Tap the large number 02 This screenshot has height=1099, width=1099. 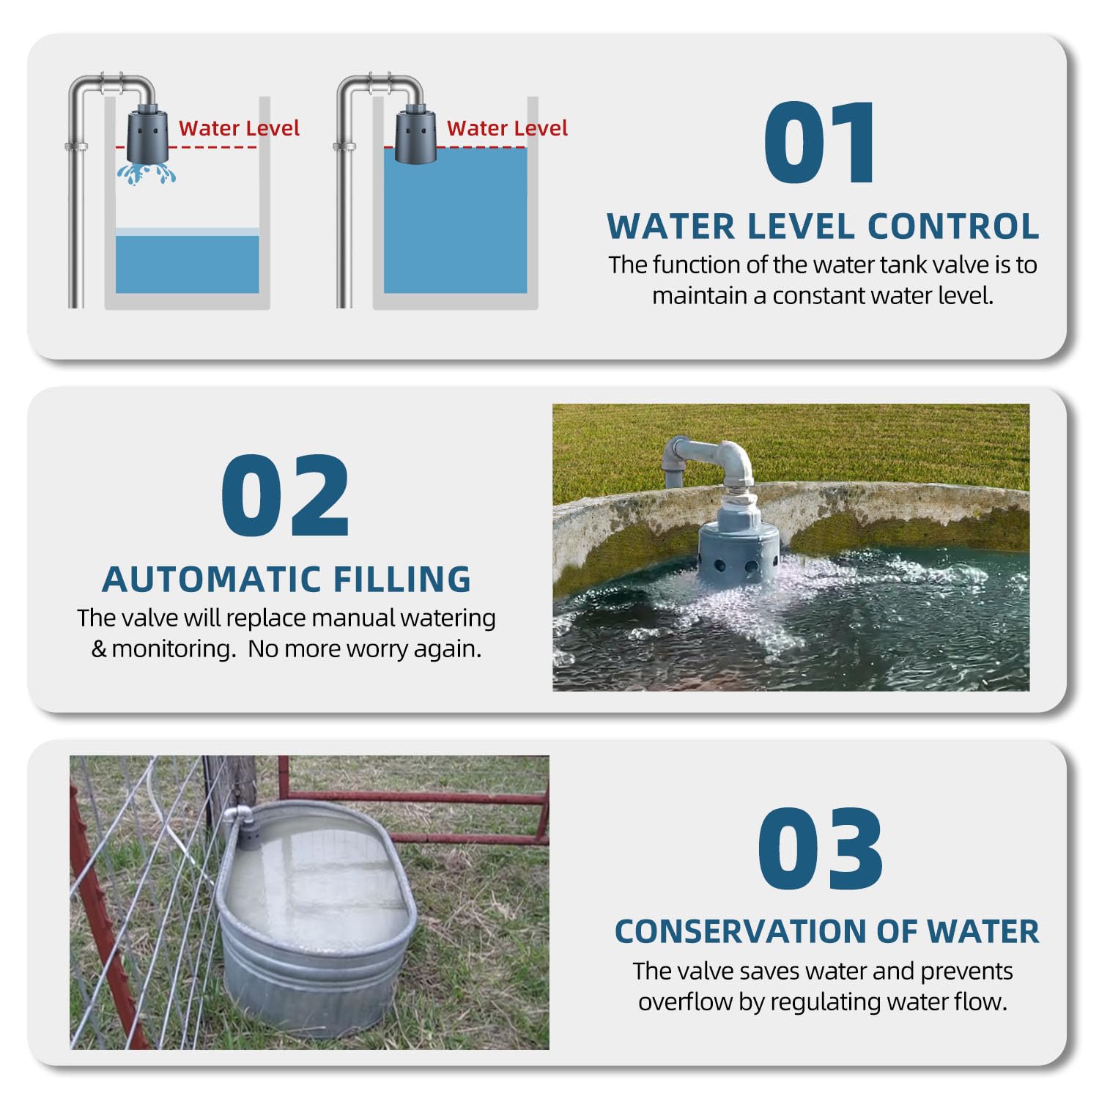point(285,496)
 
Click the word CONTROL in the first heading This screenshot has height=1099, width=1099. point(953,226)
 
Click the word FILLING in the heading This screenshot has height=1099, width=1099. point(402,580)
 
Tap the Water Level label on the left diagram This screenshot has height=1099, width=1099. point(239,128)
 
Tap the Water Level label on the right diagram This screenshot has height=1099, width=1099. point(507,128)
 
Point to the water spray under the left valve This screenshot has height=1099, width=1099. point(147,174)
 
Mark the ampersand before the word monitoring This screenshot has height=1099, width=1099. point(99,649)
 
